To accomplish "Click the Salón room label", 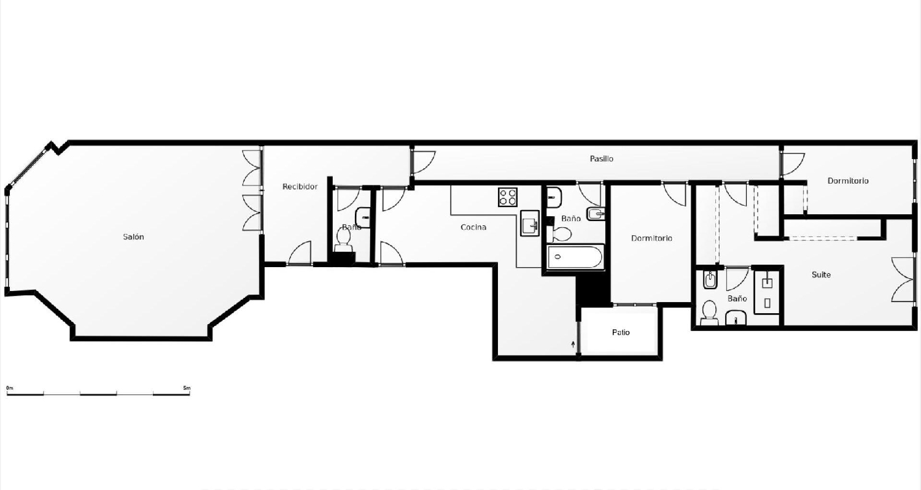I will tap(133, 237).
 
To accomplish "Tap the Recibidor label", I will tap(300, 187).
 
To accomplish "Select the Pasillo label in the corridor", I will tap(601, 159).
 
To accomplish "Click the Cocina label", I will tap(473, 227).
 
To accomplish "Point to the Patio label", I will tap(621, 333).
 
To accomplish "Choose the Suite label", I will tap(821, 274).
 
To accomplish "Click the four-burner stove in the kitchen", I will tap(508, 197).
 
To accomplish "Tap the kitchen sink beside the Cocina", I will tap(529, 224).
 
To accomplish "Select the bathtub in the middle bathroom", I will tap(575, 257).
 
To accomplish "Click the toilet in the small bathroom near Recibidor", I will tap(344, 238).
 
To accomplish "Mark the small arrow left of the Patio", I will tap(573, 344).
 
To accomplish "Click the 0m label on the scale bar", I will tap(9, 388).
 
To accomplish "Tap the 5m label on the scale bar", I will tap(187, 388).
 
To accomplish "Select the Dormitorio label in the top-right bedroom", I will tap(848, 181).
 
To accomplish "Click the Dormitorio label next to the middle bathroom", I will tap(651, 238).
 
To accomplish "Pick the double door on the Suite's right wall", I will tap(903, 280).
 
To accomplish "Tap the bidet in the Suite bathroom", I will tap(710, 281).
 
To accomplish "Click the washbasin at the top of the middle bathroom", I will tap(554, 197).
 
